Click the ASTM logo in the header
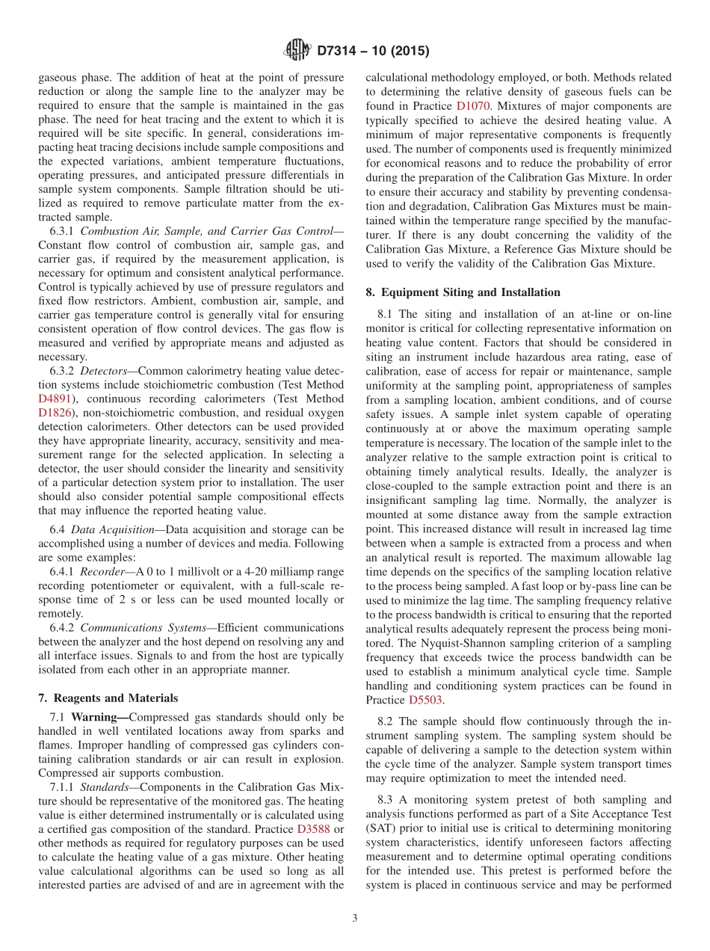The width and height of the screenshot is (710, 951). (297, 51)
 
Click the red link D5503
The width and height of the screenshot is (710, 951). (426, 701)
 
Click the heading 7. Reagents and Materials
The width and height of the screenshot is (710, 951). (108, 698)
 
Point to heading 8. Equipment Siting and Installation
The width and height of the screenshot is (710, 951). (463, 292)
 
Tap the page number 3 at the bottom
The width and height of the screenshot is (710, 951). (355, 918)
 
